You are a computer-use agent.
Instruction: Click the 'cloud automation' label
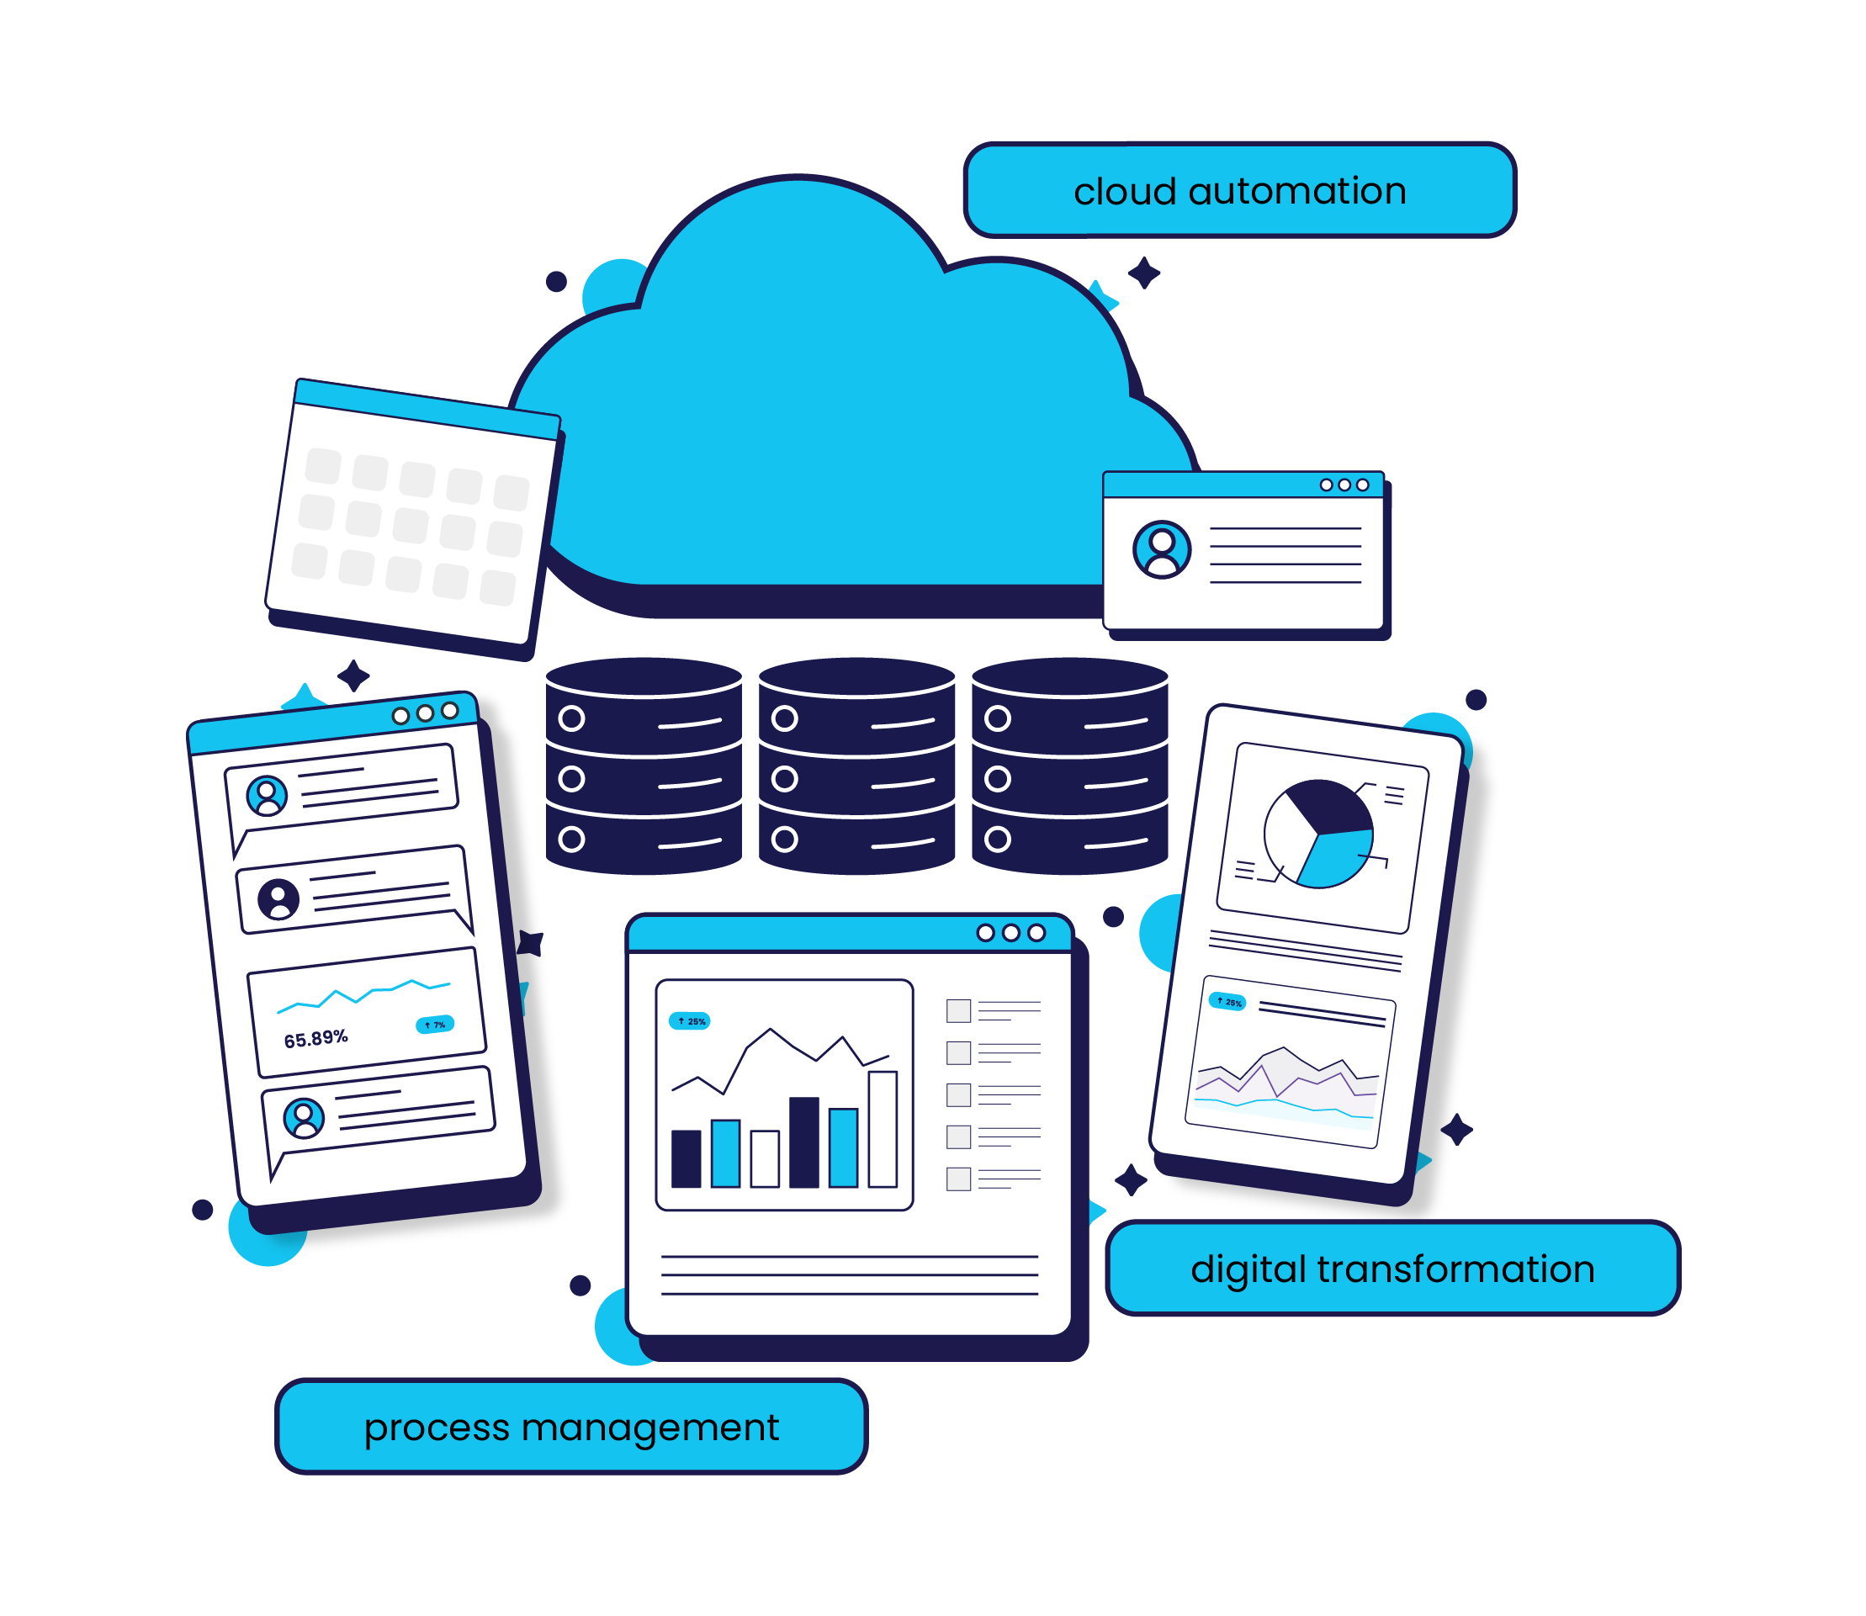coord(1238,190)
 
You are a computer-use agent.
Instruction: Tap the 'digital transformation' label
coord(1392,1268)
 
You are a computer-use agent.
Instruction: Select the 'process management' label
coord(571,1427)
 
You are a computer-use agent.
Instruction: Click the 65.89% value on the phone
coord(315,1039)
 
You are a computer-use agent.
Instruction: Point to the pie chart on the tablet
coord(1317,834)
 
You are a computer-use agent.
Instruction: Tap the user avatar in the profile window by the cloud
coord(1162,548)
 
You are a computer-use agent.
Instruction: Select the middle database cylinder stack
coord(856,766)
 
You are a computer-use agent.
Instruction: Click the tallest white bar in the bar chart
coord(882,1128)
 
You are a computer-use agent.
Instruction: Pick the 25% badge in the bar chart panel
coord(690,1020)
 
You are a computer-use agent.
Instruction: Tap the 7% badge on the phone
coord(435,1025)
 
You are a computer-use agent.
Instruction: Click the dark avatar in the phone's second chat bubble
coord(278,899)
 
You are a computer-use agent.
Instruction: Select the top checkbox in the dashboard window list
coord(957,1010)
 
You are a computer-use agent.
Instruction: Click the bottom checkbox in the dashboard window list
coord(957,1179)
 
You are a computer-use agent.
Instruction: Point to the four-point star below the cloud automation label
coord(1143,273)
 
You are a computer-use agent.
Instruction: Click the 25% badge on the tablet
coord(1227,1002)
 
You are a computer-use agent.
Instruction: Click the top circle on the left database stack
coord(572,718)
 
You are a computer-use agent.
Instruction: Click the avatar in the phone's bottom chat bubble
coord(304,1118)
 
